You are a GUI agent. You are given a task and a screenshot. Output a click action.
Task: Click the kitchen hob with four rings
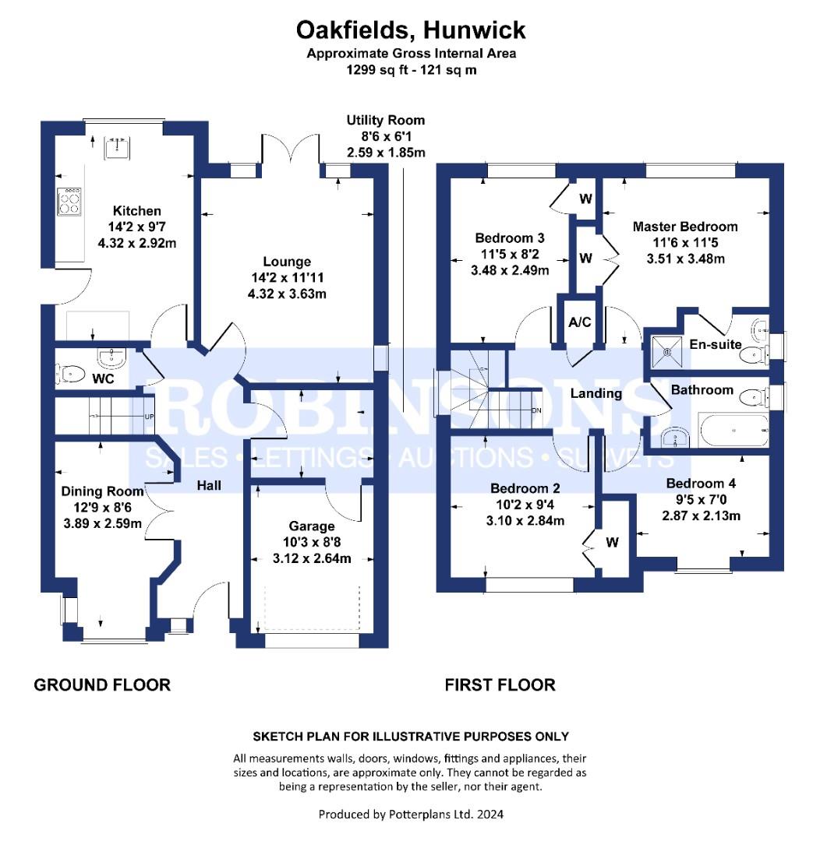pos(69,202)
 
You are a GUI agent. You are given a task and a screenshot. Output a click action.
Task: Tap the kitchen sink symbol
pos(117,149)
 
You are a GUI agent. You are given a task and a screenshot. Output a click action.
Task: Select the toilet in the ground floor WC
pos(70,374)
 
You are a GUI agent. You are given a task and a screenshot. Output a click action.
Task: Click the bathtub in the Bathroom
pos(733,430)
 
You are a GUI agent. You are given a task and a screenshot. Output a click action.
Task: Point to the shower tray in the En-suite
pos(667,352)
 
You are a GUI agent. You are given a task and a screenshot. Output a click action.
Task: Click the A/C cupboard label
pos(579,322)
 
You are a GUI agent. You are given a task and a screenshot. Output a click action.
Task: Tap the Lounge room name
pos(287,262)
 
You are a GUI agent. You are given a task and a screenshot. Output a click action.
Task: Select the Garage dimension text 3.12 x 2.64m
pos(312,558)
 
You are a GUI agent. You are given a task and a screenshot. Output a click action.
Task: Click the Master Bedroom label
pos(685,227)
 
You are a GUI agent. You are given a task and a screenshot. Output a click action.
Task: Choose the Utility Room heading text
pos(386,120)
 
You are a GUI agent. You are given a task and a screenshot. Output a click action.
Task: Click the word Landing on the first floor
pos(596,394)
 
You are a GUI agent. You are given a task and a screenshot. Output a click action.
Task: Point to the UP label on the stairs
pos(149,417)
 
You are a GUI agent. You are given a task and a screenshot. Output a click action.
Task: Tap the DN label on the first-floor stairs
pos(536,411)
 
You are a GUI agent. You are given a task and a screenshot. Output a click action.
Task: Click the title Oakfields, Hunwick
pos(411,30)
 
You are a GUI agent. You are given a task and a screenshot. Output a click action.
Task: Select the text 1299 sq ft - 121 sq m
pos(412,70)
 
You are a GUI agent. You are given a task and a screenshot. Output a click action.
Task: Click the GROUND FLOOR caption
pos(102,685)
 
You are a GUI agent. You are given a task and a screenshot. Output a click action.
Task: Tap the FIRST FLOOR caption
pos(500,685)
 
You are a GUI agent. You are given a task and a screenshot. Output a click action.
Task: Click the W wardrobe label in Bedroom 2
pos(612,543)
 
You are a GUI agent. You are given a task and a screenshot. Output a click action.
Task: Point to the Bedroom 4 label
pos(701,484)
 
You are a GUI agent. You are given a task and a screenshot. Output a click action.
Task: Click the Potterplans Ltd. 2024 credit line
pos(411,815)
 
